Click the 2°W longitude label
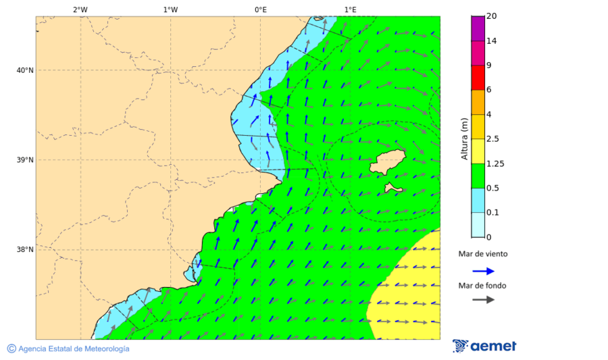tap(80, 9)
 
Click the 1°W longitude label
tap(170, 9)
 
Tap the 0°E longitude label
tap(260, 9)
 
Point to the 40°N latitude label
tap(25, 70)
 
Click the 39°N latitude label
tap(25, 160)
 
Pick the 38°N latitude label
tap(25, 250)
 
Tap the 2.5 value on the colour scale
tap(492, 139)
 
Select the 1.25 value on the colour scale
tap(495, 163)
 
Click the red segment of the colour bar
tap(478, 78)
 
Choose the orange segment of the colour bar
tap(478, 102)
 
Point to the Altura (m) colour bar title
tap(464, 139)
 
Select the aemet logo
tap(484, 346)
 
